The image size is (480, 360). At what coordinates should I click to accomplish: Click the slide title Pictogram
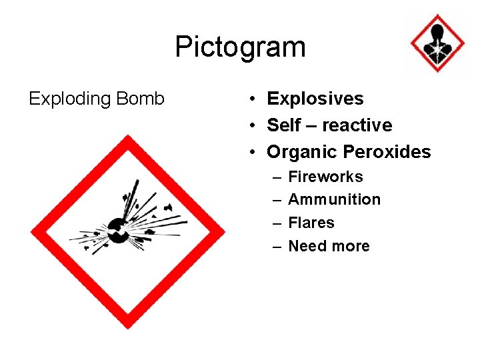click(240, 47)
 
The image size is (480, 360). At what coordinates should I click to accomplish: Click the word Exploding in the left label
click(70, 99)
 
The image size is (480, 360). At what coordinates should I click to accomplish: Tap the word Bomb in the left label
click(140, 99)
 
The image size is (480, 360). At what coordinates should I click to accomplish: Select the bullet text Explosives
click(315, 99)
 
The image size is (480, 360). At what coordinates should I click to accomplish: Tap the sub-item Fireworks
click(325, 177)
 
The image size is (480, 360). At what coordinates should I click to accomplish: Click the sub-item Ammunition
click(334, 199)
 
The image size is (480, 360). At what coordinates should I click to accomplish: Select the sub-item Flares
click(311, 223)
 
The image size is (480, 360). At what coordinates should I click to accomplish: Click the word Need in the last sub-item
click(307, 246)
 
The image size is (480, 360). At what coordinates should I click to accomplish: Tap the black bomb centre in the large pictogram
click(119, 231)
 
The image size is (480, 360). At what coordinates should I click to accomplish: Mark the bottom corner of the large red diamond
click(128, 327)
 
